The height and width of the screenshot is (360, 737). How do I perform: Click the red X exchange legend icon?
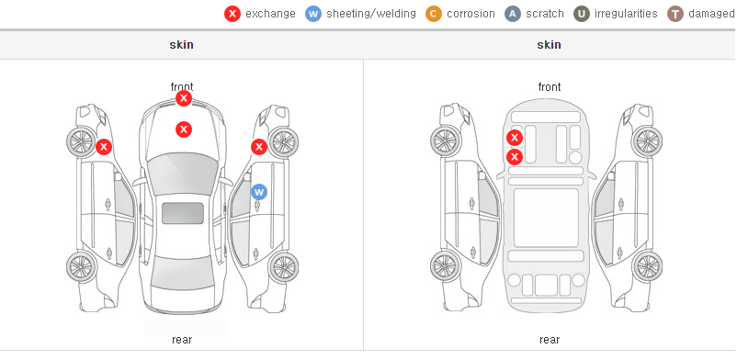click(x=232, y=14)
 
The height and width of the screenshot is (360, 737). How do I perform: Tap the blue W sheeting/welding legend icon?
click(x=313, y=14)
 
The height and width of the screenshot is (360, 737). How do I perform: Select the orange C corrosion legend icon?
click(x=434, y=14)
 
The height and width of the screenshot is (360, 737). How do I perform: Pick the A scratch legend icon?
click(x=513, y=14)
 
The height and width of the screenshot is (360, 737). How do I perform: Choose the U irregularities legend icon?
click(x=582, y=14)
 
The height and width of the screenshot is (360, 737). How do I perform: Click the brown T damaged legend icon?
click(x=675, y=14)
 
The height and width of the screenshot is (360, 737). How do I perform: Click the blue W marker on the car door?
click(x=259, y=192)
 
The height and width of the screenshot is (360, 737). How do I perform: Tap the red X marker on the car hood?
click(x=184, y=129)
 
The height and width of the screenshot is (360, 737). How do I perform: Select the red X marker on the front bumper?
click(x=184, y=98)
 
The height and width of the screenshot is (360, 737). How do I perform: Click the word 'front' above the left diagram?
click(x=182, y=87)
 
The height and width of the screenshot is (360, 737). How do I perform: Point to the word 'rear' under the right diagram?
click(x=550, y=340)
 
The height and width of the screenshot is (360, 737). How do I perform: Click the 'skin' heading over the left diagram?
click(x=181, y=45)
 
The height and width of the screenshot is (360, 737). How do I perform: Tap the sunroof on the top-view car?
click(x=183, y=213)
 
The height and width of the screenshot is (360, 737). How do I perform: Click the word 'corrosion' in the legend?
click(x=471, y=14)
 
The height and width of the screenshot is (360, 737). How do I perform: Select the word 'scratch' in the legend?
click(x=545, y=14)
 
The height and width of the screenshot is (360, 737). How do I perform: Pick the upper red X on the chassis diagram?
click(x=515, y=138)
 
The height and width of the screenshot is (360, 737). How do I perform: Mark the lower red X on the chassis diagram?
click(x=515, y=156)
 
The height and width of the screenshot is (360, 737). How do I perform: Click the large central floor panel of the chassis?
click(x=546, y=218)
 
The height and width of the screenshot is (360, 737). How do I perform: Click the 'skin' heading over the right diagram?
click(x=549, y=45)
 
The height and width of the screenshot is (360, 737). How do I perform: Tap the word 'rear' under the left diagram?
click(x=182, y=340)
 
